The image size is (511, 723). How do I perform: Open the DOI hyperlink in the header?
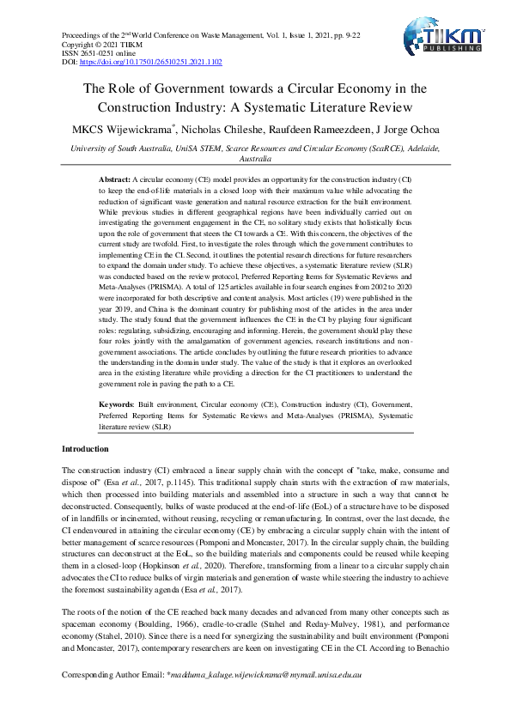tap(151, 63)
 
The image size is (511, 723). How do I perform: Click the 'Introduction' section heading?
tap(85, 449)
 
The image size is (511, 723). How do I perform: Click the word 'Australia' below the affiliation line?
tap(255, 160)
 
